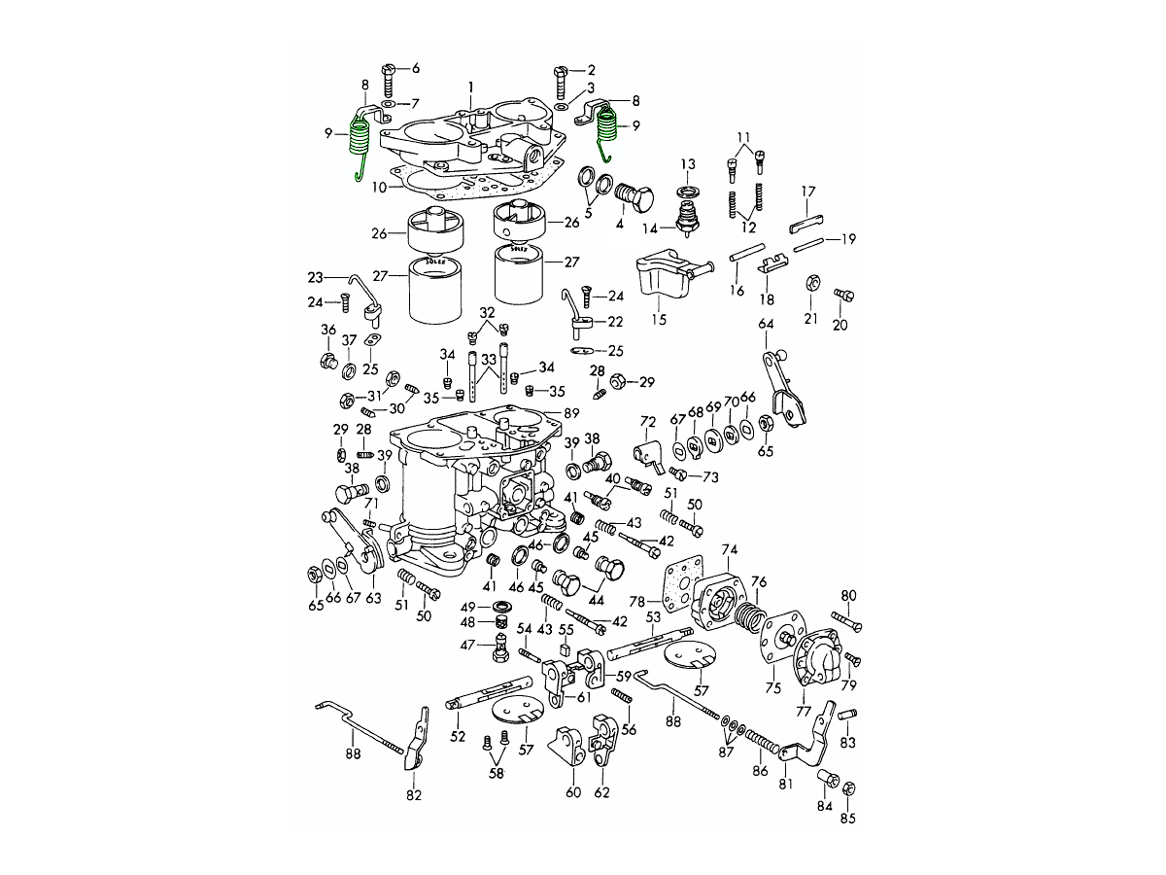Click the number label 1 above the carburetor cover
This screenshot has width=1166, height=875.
[x=470, y=87]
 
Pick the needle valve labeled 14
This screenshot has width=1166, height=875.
[x=688, y=219]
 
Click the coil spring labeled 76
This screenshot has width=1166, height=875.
[x=747, y=615]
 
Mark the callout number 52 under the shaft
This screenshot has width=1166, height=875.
[x=458, y=736]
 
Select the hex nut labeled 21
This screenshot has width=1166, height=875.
[x=810, y=285]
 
